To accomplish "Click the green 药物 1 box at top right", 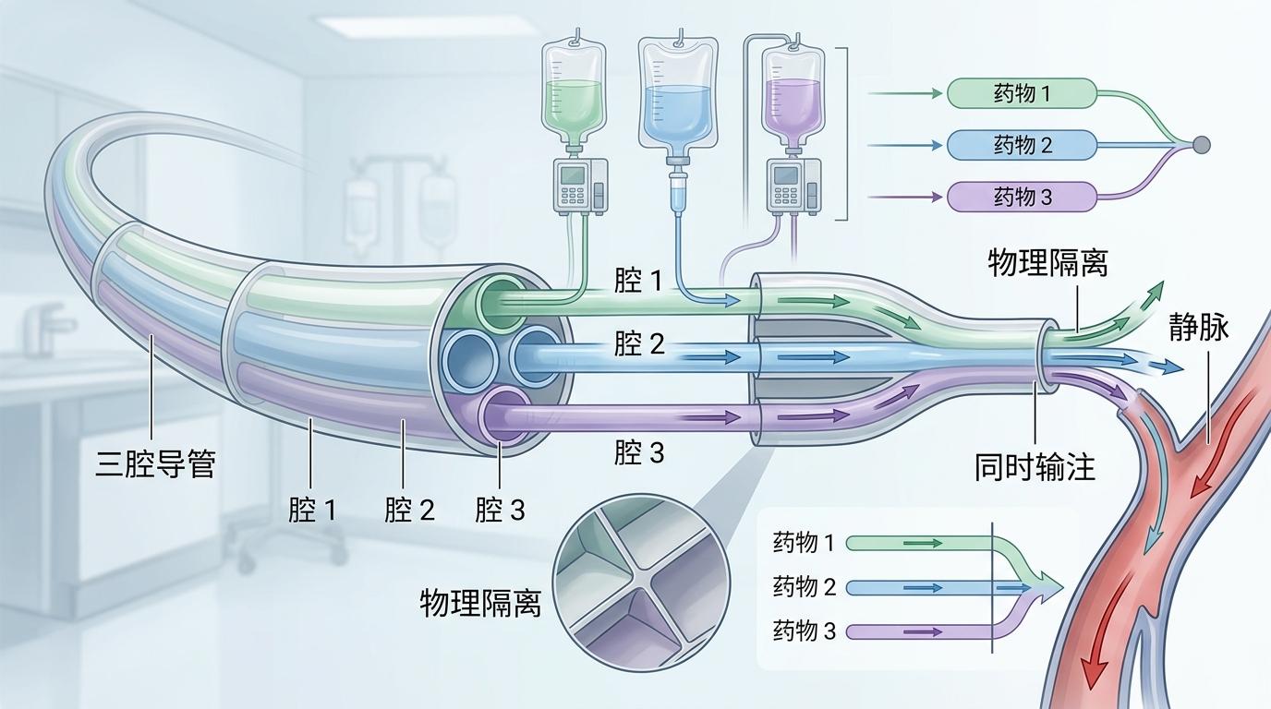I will (x=1022, y=93).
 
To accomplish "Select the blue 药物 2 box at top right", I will (x=1022, y=145).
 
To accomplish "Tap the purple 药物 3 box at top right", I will (x=1022, y=197).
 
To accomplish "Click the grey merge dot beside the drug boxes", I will (x=1201, y=145).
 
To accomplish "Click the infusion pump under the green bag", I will (x=579, y=184).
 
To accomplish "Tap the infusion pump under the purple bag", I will (x=794, y=184).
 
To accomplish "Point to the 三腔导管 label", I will (x=155, y=463).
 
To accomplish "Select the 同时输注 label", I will (x=1035, y=467).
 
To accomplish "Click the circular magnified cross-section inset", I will (x=641, y=584).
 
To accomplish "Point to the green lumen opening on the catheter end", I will (x=500, y=299).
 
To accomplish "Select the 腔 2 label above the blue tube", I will (x=639, y=344).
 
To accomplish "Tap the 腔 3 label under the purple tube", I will (x=639, y=452).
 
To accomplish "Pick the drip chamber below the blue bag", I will (x=678, y=193).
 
